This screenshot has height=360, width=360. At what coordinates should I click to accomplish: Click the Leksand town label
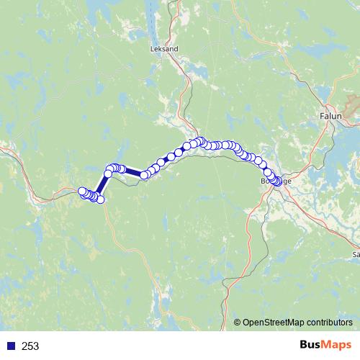(165, 48)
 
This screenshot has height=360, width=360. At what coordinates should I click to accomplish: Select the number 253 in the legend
(30, 346)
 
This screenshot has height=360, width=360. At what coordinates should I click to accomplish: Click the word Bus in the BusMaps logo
(310, 346)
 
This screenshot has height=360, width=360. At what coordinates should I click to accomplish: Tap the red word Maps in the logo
(336, 346)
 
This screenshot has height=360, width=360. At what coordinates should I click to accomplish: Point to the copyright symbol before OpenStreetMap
(238, 323)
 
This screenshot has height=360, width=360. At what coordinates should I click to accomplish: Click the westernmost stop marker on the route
(81, 192)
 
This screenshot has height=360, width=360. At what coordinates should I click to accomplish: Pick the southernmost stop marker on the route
(101, 199)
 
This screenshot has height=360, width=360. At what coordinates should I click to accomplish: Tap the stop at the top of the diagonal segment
(108, 173)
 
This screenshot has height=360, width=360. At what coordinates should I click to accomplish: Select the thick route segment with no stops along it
(135, 173)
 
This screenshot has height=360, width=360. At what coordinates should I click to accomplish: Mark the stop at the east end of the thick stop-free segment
(145, 175)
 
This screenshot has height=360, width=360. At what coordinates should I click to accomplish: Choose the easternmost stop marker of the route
(279, 182)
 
